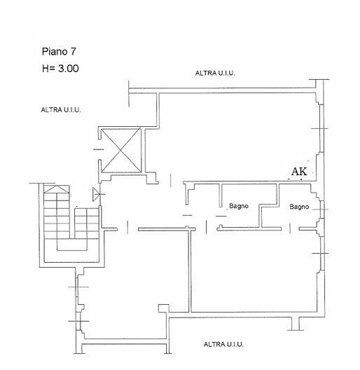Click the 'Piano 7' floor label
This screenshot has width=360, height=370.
(x=59, y=52)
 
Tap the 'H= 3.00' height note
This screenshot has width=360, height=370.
(x=60, y=69)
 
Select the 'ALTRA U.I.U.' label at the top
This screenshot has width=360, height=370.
(x=215, y=73)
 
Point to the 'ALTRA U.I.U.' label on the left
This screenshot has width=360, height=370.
(x=61, y=110)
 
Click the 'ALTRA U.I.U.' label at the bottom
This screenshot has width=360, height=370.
(x=223, y=344)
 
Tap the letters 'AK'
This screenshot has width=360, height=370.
(x=299, y=171)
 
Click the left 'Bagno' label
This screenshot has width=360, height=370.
(x=239, y=206)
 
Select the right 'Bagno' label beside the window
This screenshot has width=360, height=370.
(x=299, y=207)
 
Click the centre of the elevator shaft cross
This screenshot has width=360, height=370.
(x=120, y=150)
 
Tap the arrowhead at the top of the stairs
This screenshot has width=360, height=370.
(x=57, y=189)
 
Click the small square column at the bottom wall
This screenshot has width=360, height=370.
(x=163, y=308)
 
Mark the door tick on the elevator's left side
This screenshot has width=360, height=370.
(x=98, y=149)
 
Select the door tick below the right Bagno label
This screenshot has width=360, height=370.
(x=290, y=228)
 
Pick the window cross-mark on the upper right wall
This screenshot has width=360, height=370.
(x=319, y=129)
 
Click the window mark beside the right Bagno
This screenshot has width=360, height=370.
(x=321, y=210)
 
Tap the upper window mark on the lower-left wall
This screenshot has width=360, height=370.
(x=78, y=287)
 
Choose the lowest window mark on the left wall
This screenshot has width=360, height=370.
(x=79, y=321)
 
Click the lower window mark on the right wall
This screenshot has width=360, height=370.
(x=320, y=253)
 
